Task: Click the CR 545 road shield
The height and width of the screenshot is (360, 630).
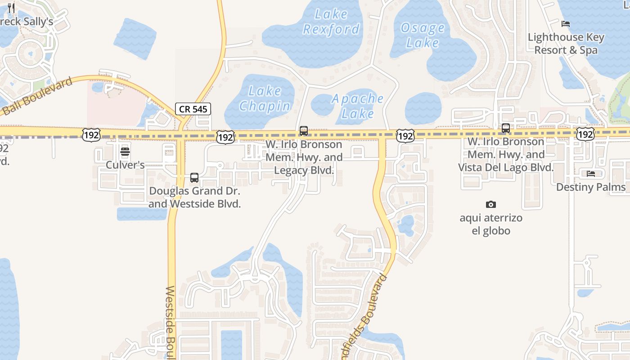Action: point(193,108)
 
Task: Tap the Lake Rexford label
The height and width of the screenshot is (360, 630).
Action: point(331,22)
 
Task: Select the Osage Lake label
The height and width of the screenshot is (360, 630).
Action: point(422,36)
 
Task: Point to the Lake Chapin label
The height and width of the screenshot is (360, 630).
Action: point(265,99)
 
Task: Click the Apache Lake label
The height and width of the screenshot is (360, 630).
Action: point(358,106)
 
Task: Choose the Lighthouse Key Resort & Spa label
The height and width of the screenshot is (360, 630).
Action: point(566,44)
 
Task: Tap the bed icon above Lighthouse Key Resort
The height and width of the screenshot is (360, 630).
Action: point(566,23)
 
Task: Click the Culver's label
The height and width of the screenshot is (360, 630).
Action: point(125,165)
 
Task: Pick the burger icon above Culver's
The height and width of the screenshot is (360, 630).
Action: point(125,152)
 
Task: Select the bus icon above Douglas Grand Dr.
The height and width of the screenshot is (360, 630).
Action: point(194,178)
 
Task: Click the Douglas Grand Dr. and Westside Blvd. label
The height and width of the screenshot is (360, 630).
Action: point(194,198)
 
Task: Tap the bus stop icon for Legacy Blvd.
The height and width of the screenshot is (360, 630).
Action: point(304,131)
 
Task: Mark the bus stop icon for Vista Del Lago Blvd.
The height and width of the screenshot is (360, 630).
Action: point(506,128)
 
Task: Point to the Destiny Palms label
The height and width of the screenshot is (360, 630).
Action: point(590,187)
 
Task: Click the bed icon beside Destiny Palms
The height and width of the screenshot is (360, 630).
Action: point(591,174)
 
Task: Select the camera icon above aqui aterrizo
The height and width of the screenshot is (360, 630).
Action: point(491,205)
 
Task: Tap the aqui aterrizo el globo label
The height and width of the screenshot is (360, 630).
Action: point(491,225)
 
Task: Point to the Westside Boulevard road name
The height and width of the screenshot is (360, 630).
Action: point(170,322)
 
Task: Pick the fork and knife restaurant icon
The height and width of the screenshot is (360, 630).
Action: point(12,8)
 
